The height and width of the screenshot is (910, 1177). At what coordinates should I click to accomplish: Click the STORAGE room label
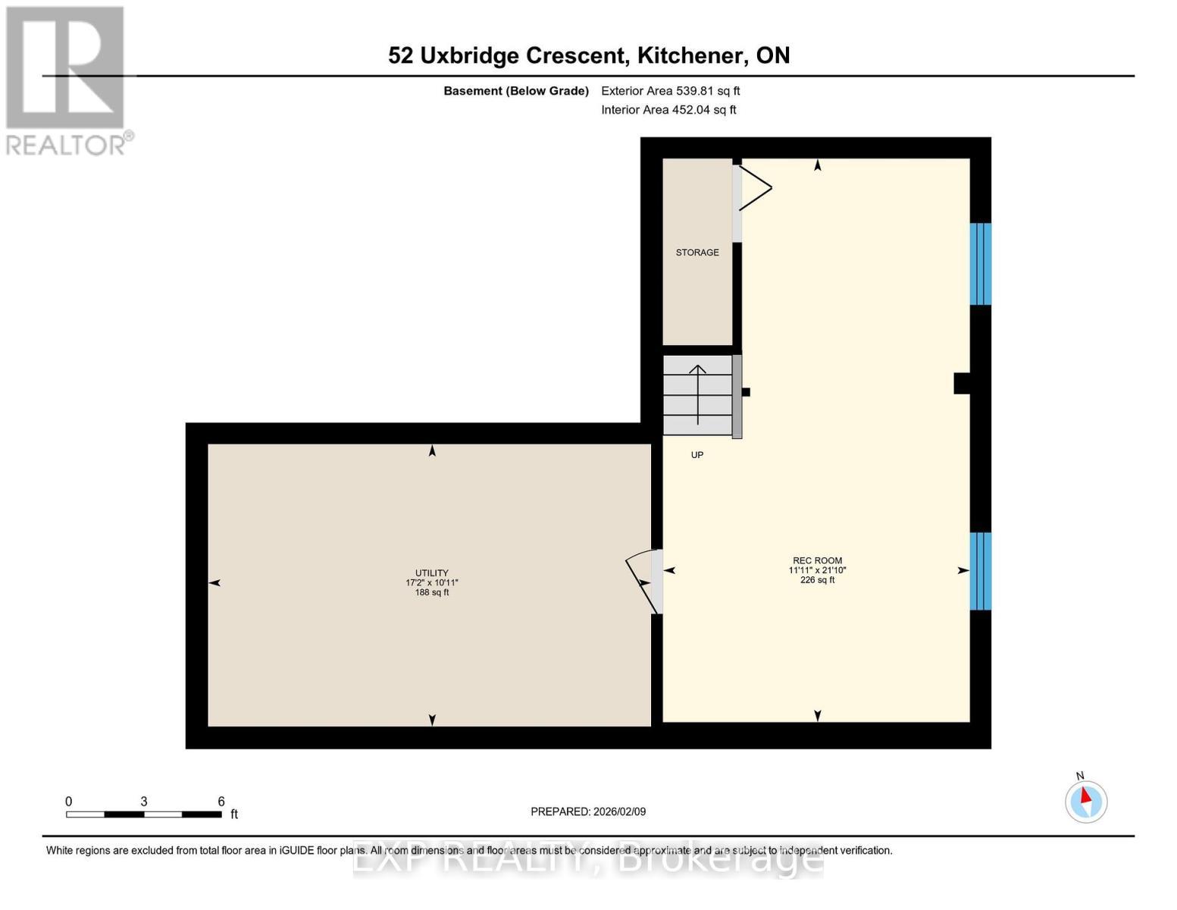697,253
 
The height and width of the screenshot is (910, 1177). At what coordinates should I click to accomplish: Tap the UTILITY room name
431,573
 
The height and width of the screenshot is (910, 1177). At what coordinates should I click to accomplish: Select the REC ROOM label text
817,560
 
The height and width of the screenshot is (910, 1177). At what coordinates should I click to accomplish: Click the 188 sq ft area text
431,592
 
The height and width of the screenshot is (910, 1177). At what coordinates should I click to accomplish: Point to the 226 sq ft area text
817,580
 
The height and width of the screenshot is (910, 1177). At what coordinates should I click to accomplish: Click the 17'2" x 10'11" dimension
431,583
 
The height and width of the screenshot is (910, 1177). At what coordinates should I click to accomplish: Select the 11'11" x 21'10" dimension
817,570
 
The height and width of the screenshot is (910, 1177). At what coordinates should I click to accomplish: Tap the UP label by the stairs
696,455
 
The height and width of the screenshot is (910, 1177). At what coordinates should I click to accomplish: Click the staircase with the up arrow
697,395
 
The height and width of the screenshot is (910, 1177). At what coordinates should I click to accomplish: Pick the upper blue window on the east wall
981,264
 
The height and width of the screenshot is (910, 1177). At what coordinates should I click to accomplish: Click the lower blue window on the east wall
981,571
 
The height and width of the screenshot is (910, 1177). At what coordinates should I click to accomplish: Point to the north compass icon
1086,801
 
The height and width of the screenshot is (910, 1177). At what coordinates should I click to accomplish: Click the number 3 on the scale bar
143,802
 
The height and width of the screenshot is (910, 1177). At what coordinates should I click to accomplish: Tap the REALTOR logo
66,80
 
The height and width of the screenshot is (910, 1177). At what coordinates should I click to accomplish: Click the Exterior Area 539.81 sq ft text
670,91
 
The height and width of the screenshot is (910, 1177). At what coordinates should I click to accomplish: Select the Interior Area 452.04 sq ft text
668,110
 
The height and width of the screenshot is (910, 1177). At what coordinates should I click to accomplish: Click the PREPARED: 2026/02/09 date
588,811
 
